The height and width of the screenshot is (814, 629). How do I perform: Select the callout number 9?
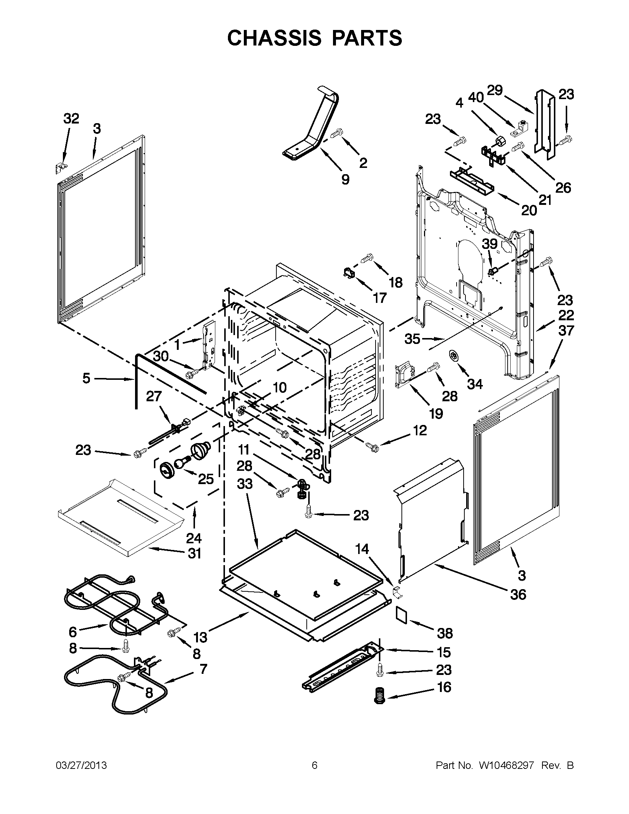[x=345, y=179]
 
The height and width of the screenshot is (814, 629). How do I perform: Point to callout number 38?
[x=444, y=633]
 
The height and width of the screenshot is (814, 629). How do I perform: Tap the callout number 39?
[x=490, y=244]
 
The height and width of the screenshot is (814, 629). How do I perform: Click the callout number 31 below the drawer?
[x=194, y=554]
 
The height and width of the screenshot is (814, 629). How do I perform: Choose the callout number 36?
[x=518, y=594]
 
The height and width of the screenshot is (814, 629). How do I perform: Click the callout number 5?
[x=86, y=378]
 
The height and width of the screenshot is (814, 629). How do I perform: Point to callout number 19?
[x=436, y=413]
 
